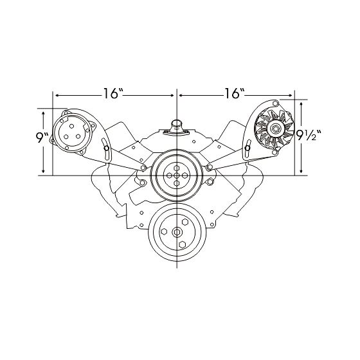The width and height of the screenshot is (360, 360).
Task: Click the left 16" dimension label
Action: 113,94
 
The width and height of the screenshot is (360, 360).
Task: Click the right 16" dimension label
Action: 234,94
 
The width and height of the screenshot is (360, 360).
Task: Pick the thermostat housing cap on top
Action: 175,122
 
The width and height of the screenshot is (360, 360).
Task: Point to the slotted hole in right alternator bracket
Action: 248,151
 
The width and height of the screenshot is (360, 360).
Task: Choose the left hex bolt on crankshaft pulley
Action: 165,232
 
